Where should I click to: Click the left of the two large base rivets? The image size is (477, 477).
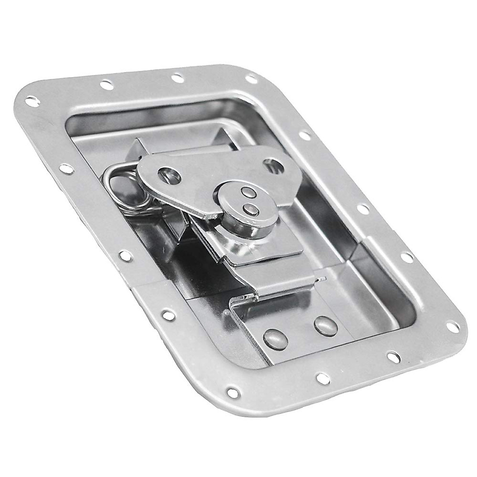(x=273, y=338)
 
